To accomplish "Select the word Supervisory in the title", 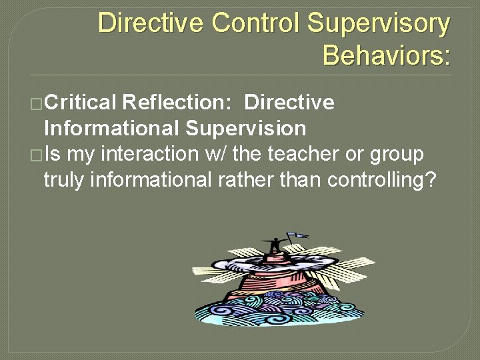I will [x=378, y=23].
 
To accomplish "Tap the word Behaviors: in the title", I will [x=386, y=55].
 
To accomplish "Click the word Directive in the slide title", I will [x=151, y=23].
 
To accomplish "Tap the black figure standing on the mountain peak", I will [x=273, y=245].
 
